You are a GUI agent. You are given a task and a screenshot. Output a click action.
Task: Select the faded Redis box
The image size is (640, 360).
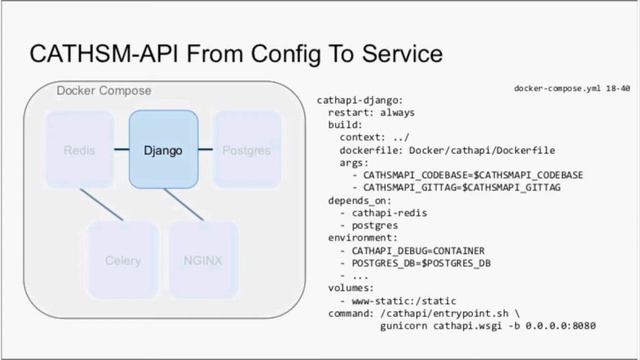[79, 151]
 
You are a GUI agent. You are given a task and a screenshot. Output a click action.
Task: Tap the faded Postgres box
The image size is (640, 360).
[246, 151]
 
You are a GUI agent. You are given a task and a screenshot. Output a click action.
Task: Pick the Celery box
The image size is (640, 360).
[122, 261]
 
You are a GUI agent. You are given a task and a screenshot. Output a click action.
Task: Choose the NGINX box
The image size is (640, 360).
[203, 261]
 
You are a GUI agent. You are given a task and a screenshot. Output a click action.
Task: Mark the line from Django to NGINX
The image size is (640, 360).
[184, 204]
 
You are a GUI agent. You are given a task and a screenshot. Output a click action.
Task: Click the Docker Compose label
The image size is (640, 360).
[104, 91]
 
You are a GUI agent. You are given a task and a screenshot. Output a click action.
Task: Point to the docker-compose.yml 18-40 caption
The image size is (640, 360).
[572, 88]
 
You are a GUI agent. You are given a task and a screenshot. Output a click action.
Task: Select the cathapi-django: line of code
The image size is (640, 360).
[361, 101]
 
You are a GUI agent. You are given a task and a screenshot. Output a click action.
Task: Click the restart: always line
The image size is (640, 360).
[371, 113]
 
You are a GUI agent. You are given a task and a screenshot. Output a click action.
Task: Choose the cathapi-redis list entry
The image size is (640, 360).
[389, 213]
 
